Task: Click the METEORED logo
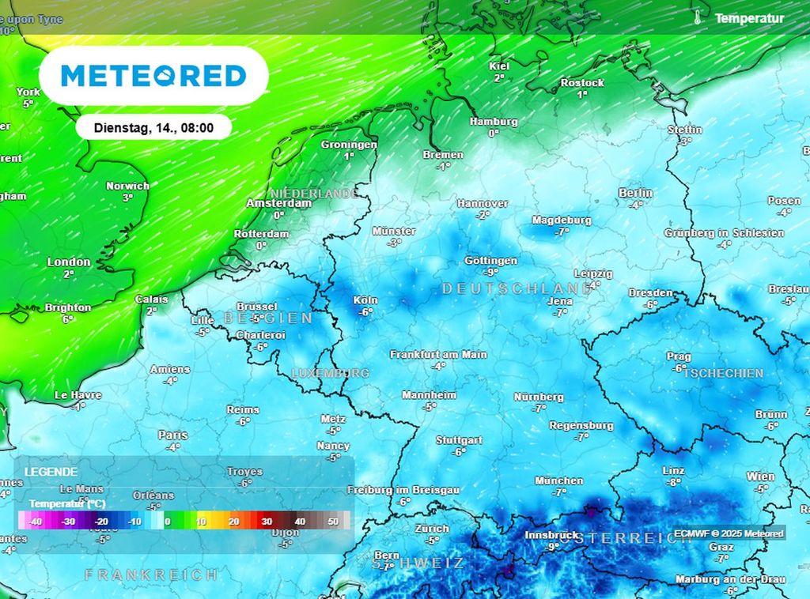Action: pyautogui.click(x=153, y=76)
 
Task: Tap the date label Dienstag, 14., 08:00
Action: pyautogui.click(x=153, y=127)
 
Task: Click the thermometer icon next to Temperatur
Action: pyautogui.click(x=698, y=17)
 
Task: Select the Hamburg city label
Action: pyautogui.click(x=494, y=122)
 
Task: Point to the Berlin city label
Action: pyautogui.click(x=636, y=193)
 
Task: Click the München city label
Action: pyautogui.click(x=559, y=480)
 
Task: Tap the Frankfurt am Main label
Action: pyautogui.click(x=438, y=355)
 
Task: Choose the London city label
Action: pyautogui.click(x=69, y=262)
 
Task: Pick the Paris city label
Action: pyautogui.click(x=172, y=435)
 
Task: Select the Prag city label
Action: pyautogui.click(x=679, y=356)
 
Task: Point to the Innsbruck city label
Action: pyautogui.click(x=552, y=535)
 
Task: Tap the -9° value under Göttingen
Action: pyautogui.click(x=491, y=272)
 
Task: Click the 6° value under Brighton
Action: pyautogui.click(x=68, y=319)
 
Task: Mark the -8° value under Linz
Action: pyautogui.click(x=673, y=482)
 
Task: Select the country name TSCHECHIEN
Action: pyautogui.click(x=724, y=373)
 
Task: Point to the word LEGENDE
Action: pyautogui.click(x=51, y=471)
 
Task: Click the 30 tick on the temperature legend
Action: pyautogui.click(x=267, y=522)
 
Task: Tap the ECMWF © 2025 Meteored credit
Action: pyautogui.click(x=729, y=533)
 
